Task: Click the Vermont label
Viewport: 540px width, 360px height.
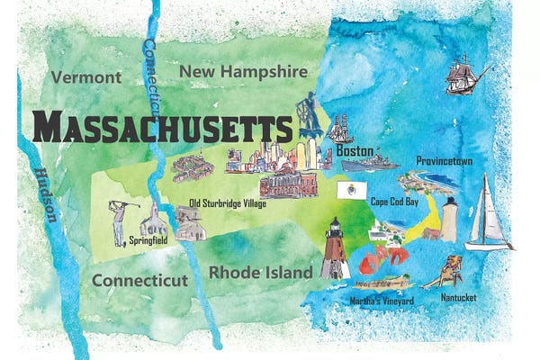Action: (86, 77)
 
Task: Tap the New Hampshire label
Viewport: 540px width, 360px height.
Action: (243, 70)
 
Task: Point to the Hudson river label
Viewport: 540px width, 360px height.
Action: (43, 194)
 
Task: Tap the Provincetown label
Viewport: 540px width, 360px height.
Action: (445, 161)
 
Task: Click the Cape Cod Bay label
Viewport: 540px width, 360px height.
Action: (394, 202)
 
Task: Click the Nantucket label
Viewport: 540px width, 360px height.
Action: (460, 297)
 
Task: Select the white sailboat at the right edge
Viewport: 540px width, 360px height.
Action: (486, 213)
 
